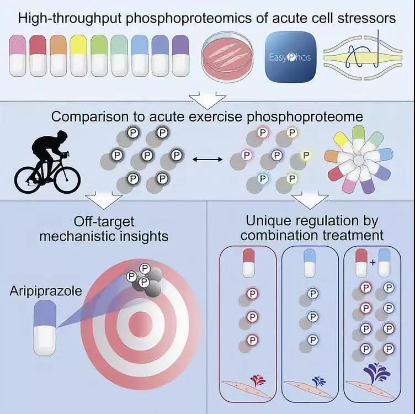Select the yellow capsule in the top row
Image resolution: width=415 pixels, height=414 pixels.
[78, 55]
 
